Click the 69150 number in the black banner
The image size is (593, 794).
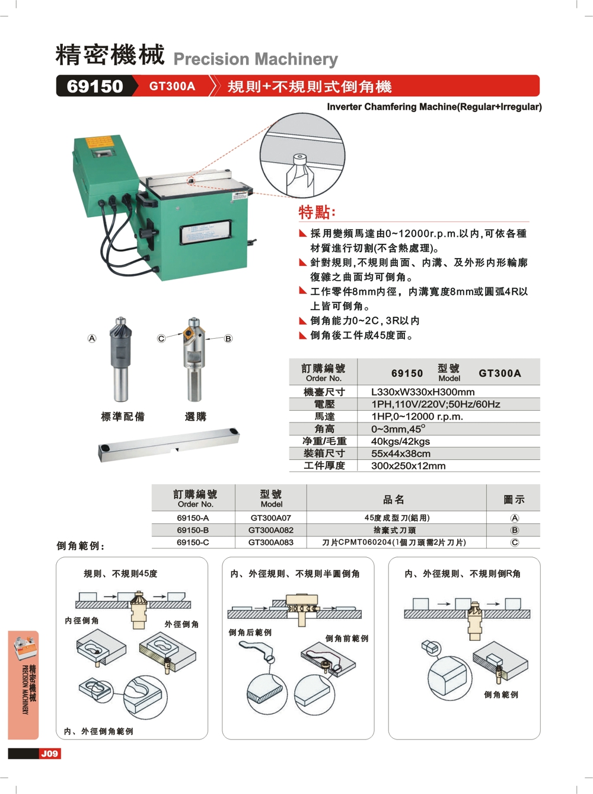point(95,86)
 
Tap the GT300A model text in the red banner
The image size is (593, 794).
point(172,86)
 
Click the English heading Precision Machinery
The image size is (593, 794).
point(256,59)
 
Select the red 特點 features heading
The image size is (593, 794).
point(317,212)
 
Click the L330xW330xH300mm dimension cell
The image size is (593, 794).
point(423,392)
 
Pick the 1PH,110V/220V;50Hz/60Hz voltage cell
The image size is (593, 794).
point(435,404)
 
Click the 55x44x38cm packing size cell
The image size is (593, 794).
point(400,453)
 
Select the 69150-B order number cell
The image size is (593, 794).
point(193,530)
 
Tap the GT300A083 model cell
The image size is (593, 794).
point(270,542)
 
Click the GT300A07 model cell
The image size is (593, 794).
point(270,517)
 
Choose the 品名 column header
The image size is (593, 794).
point(394,499)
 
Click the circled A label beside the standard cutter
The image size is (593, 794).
point(92,338)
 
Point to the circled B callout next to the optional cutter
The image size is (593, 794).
point(228,339)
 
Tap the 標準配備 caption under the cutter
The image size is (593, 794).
point(123,417)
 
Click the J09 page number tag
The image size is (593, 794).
point(49,754)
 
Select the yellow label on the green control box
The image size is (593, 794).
point(99,142)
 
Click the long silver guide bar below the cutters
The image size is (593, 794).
point(169,445)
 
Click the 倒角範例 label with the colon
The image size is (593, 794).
point(80,545)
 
